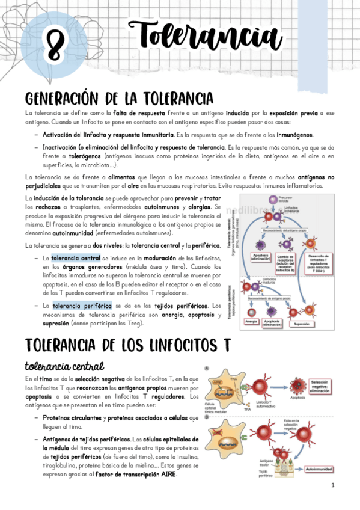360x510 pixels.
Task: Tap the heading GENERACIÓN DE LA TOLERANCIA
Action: [x=118, y=98]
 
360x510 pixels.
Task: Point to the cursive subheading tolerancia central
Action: [x=65, y=366]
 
